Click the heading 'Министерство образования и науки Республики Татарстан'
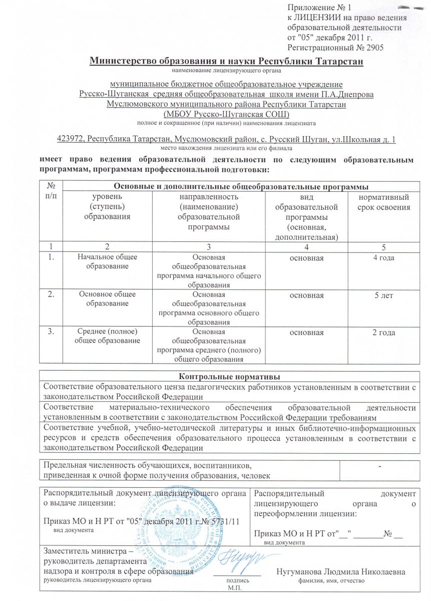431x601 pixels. pyautogui.click(x=225, y=62)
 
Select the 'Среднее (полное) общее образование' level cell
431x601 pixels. pyautogui.click(x=108, y=337)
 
